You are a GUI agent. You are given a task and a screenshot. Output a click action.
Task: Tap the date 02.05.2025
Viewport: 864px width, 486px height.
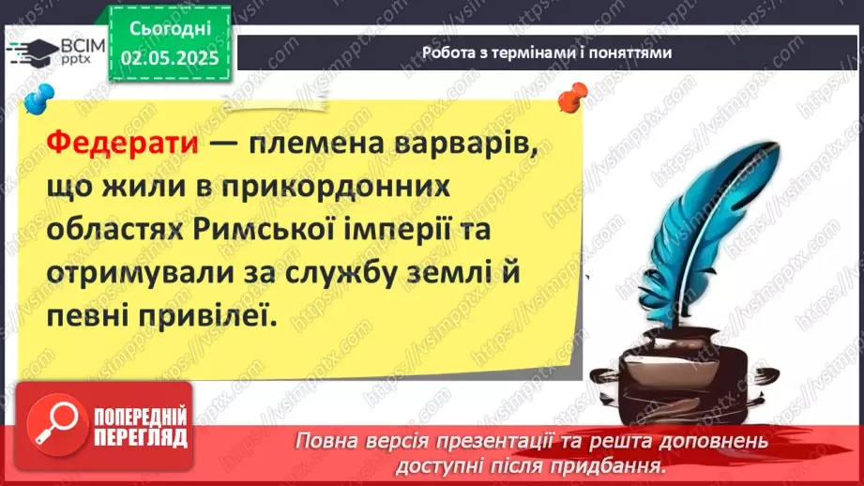coord(169,59)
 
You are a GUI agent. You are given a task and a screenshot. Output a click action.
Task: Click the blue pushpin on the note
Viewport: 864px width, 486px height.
coord(38,98)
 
